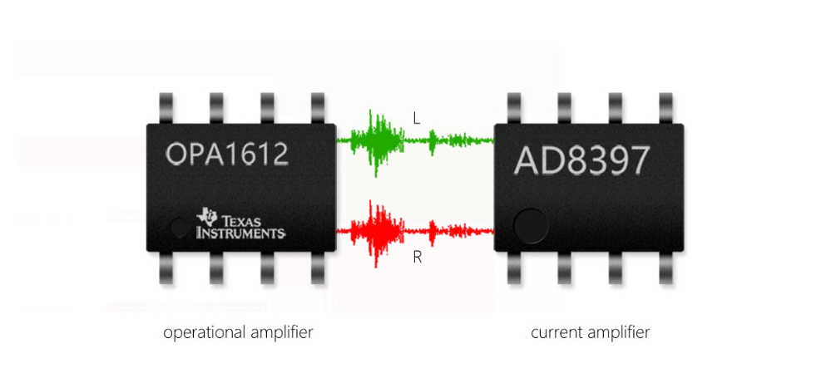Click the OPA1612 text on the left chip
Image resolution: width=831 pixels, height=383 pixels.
226,155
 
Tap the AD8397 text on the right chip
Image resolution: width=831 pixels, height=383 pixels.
580,160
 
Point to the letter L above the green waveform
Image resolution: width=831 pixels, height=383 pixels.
417,119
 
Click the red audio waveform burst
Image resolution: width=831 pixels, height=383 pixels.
378,233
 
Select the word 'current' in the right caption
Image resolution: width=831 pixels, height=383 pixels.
555,333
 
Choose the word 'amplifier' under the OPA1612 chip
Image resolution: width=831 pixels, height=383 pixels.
282,333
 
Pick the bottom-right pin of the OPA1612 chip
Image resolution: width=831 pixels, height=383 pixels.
319,268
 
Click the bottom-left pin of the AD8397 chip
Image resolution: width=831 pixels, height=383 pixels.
515,268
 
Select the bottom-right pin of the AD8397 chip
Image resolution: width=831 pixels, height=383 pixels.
665,268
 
